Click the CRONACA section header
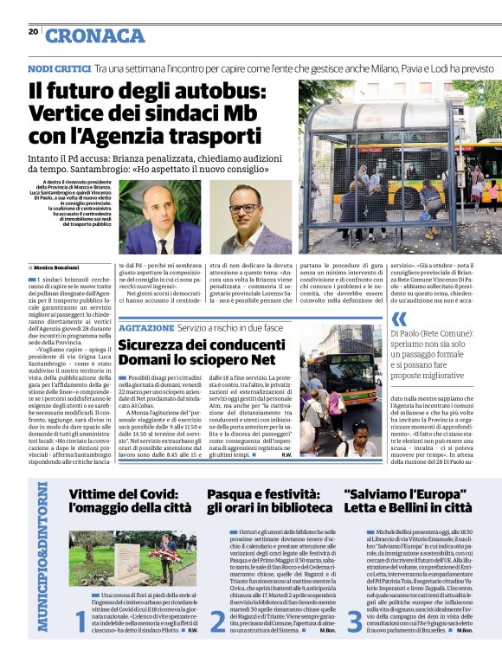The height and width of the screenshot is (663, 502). click(x=95, y=35)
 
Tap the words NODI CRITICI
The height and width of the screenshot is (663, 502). click(x=58, y=68)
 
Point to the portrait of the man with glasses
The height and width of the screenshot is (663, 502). click(x=246, y=216)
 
